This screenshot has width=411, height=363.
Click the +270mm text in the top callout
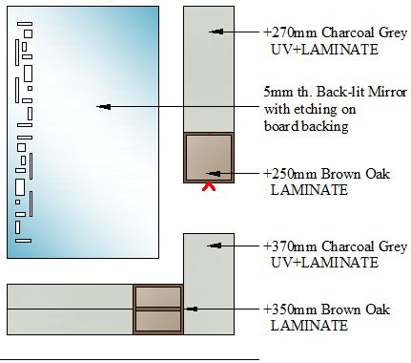tap(291, 32)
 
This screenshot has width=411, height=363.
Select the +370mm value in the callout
tap(291, 246)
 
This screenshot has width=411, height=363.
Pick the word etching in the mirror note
tap(311, 110)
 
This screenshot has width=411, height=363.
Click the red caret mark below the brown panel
tap(209, 186)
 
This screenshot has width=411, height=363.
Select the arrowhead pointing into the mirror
tap(104, 107)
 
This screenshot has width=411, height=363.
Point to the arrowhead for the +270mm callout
tap(216, 32)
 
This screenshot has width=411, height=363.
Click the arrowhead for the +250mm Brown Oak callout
tap(214, 174)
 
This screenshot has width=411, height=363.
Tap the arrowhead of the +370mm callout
tap(215, 246)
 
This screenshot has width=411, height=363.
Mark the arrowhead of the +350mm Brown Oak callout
tap(193, 309)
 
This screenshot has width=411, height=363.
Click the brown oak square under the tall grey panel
tap(209, 158)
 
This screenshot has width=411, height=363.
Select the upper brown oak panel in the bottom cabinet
tap(158, 297)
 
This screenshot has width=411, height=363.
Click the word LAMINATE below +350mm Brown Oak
tap(309, 326)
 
